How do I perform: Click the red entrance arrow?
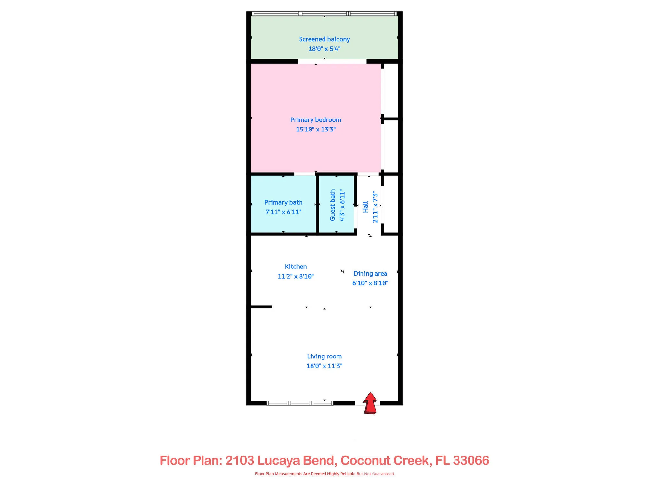point(370,403)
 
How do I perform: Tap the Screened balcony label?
point(324,39)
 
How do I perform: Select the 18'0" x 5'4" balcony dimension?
point(324,49)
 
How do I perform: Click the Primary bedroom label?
point(315,120)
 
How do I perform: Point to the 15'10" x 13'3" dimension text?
point(315,130)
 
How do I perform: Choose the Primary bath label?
point(283,202)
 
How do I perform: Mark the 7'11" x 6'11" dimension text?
point(283,212)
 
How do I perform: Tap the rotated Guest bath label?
point(333,205)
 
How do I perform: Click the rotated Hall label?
point(366,207)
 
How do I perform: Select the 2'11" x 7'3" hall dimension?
point(375,207)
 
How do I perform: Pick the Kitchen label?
point(296,267)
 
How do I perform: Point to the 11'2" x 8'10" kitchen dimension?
point(296,276)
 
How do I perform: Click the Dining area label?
point(370,273)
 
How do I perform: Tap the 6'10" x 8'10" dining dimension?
point(370,283)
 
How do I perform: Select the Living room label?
point(324,356)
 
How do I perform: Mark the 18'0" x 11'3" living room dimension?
point(324,366)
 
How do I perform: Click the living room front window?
point(300,403)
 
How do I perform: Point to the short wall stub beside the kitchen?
point(261,307)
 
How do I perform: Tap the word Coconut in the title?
point(365,460)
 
